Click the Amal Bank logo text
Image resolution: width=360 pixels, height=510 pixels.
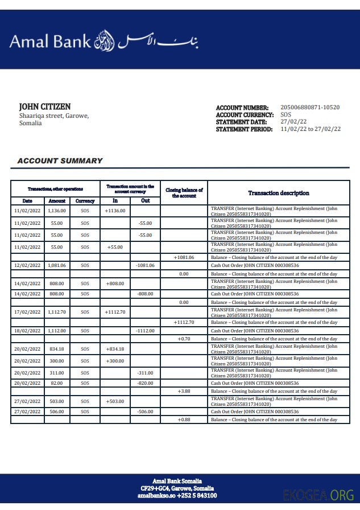tap(50, 40)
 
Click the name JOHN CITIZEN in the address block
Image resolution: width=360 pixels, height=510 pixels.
tap(45, 107)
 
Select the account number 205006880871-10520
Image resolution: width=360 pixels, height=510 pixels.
tap(310, 108)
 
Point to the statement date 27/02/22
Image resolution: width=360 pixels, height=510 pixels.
tap(293, 122)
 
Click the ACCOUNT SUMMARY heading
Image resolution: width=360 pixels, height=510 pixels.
tap(60, 161)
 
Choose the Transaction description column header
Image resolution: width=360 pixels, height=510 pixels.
tap(279, 193)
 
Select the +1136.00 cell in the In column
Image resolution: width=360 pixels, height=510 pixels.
tap(115, 211)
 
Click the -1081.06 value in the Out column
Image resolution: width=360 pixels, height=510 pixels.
tap(145, 265)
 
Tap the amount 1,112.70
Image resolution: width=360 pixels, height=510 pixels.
tap(57, 312)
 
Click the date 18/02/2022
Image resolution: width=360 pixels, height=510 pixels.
tap(27, 331)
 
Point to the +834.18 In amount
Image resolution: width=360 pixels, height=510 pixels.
tap(115, 349)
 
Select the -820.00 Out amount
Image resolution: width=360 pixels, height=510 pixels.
tap(145, 383)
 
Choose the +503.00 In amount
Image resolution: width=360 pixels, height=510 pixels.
tap(115, 401)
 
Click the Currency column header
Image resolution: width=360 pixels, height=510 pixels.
tap(85, 201)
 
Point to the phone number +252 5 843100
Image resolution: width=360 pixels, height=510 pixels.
tap(197, 496)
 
